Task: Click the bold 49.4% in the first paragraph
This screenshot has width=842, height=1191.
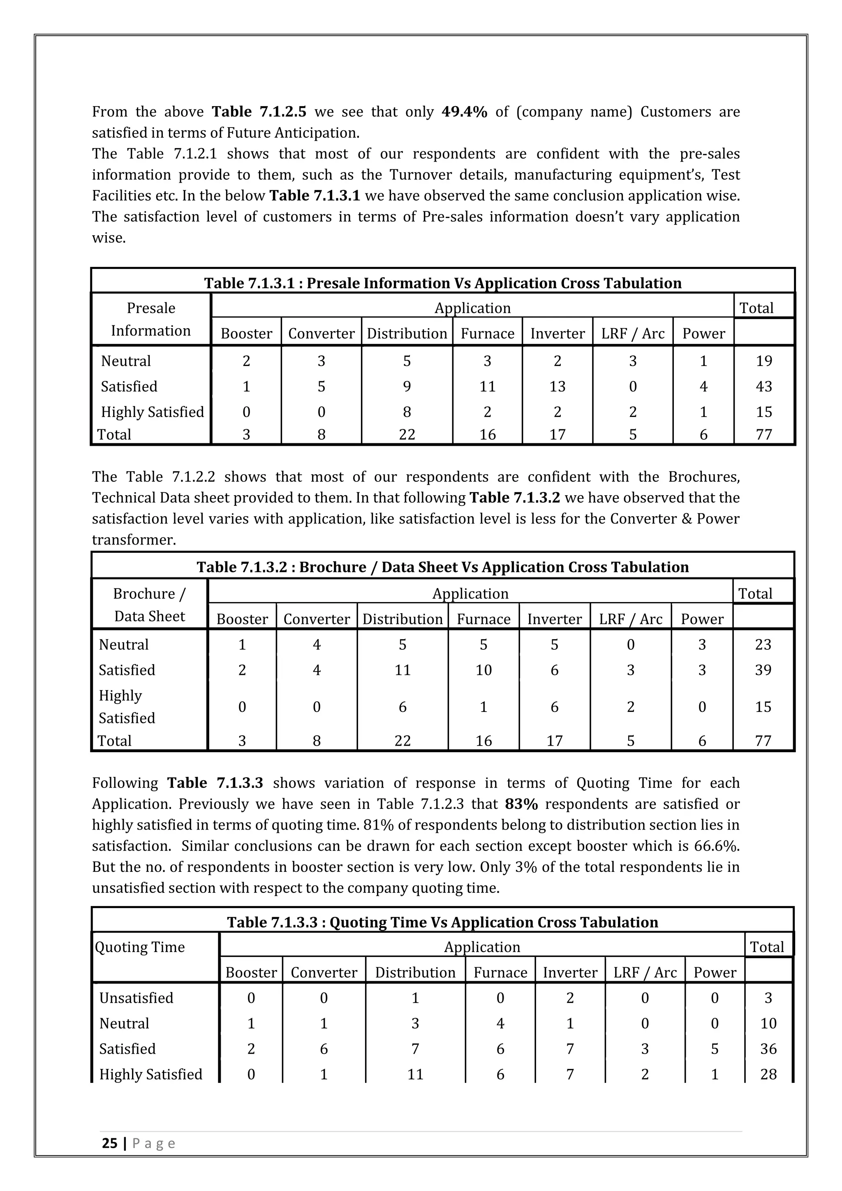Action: point(464,112)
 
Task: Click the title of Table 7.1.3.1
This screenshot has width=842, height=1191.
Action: point(442,283)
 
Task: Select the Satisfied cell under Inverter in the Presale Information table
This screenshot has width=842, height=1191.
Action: point(557,387)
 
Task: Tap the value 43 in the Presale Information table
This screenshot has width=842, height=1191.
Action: point(764,387)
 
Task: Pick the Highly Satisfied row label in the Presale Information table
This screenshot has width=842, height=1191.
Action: point(153,412)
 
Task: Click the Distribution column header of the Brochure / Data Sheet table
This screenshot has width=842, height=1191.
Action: point(402,619)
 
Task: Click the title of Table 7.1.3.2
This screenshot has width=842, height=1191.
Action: point(442,567)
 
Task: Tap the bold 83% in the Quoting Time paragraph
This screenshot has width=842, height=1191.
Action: point(521,804)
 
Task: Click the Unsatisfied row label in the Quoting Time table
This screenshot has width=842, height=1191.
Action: point(136,998)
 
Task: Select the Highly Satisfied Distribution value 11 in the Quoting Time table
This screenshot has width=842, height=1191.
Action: point(415,1074)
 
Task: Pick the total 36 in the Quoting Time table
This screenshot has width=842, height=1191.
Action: point(768,1048)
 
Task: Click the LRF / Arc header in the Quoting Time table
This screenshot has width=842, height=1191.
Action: point(645,972)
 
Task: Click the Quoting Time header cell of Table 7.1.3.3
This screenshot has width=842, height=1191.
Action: point(140,947)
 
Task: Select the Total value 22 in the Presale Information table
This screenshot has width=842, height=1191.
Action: point(407,435)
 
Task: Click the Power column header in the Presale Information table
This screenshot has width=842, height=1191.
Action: point(703,334)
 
